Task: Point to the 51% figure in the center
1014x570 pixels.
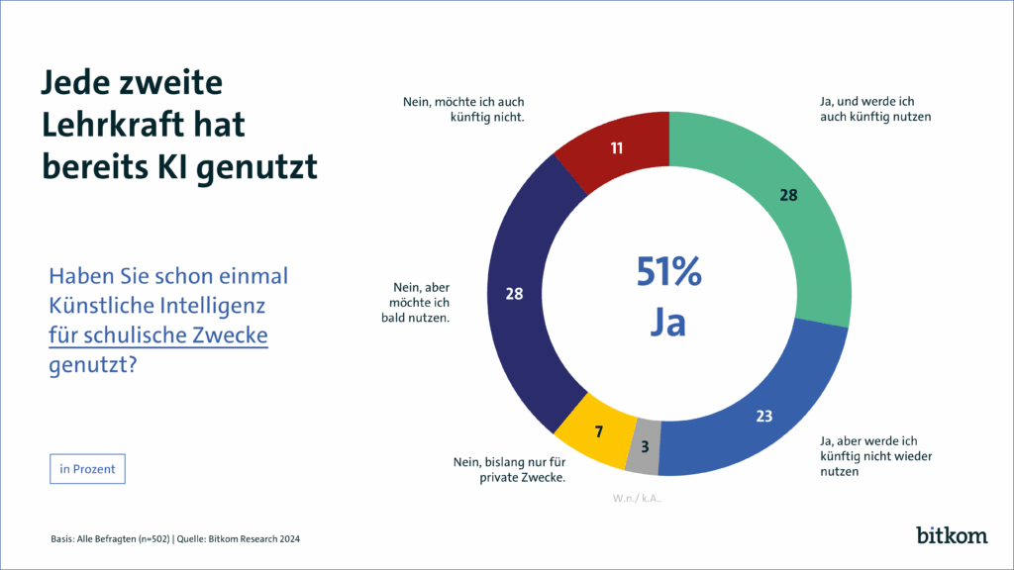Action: click(x=669, y=273)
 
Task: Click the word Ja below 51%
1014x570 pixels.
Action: click(x=669, y=323)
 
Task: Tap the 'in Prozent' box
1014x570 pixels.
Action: click(x=87, y=469)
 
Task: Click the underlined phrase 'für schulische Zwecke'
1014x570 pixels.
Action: click(x=158, y=335)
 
